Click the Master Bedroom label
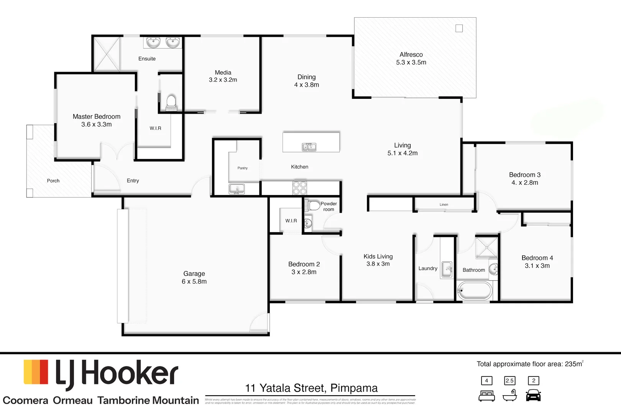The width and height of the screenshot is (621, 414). click(97, 117)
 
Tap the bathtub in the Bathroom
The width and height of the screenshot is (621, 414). click(475, 291)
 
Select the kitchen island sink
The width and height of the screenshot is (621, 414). click(309, 147)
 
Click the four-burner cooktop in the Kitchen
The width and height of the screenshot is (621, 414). click(300, 188)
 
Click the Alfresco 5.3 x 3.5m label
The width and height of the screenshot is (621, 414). click(411, 59)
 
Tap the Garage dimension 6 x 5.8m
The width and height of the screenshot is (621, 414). click(194, 281)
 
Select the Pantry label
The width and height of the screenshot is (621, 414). click(242, 168)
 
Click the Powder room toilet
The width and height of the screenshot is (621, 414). click(313, 205)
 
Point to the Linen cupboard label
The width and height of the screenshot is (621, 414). click(444, 204)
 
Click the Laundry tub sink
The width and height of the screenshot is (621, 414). click(447, 269)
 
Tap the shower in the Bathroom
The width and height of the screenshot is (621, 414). click(486, 247)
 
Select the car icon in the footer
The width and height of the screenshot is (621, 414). click(533, 395)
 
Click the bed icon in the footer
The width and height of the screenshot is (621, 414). click(486, 396)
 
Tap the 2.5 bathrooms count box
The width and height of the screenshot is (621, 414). click(509, 381)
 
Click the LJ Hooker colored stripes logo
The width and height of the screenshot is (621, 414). click(36, 372)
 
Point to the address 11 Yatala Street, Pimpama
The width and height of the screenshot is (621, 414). click(311, 388)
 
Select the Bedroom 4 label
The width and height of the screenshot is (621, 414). click(537, 258)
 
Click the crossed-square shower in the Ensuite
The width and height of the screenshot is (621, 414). click(107, 54)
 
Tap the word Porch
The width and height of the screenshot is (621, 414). click(53, 181)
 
